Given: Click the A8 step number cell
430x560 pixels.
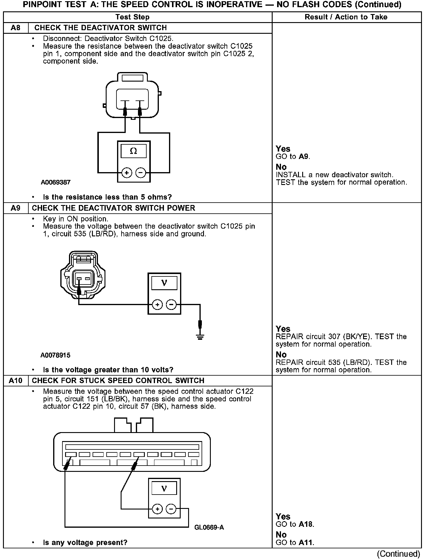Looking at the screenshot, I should [16, 28].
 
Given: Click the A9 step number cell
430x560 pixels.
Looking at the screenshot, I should [16, 208].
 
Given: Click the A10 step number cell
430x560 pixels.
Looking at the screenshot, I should [16, 381].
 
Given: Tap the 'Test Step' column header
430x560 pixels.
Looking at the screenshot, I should [132, 17].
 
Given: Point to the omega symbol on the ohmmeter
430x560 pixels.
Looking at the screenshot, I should [133, 151].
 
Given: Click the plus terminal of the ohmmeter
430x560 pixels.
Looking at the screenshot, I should [127, 173].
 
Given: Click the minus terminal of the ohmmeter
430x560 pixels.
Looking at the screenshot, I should [141, 173].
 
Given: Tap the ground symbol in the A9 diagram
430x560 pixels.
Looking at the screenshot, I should [200, 337].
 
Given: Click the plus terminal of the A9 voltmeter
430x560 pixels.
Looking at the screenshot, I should [157, 305].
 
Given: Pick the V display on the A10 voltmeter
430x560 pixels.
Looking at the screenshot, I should [164, 488].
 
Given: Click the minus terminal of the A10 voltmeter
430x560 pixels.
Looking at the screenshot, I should [171, 509].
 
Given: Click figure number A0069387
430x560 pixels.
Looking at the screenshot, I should [56, 182].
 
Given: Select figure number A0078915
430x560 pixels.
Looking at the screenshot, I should [56, 355].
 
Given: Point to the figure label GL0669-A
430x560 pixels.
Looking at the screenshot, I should [209, 527].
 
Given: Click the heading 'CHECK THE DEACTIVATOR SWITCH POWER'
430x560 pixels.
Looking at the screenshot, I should [113, 208].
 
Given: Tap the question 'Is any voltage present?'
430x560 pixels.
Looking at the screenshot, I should [85, 542].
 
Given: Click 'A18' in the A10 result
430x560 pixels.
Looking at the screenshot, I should [306, 524].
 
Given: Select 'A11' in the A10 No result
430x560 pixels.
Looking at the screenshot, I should [306, 543].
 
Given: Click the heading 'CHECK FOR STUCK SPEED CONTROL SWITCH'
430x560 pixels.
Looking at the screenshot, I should [118, 381].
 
